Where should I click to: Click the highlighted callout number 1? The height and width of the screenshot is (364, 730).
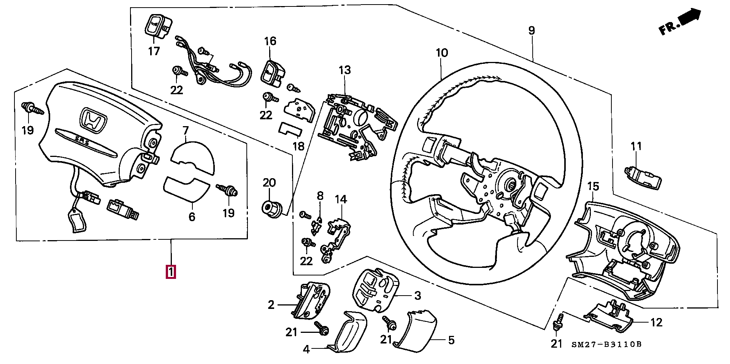click(171, 272)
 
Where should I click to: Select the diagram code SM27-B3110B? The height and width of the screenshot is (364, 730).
click(606, 344)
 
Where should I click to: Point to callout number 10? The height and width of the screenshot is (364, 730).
click(442, 52)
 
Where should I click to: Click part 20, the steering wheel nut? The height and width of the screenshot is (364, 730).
click(272, 208)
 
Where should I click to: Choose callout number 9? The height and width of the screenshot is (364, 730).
click(532, 30)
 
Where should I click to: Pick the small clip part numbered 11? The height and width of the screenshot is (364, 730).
click(643, 177)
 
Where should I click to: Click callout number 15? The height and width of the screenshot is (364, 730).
click(593, 186)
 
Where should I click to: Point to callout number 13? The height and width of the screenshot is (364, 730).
click(345, 70)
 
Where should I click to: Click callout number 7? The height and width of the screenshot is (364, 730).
click(186, 131)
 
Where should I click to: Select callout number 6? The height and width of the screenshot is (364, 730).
click(192, 217)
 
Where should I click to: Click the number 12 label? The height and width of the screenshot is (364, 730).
click(656, 322)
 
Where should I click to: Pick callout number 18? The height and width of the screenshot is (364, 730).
click(298, 146)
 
